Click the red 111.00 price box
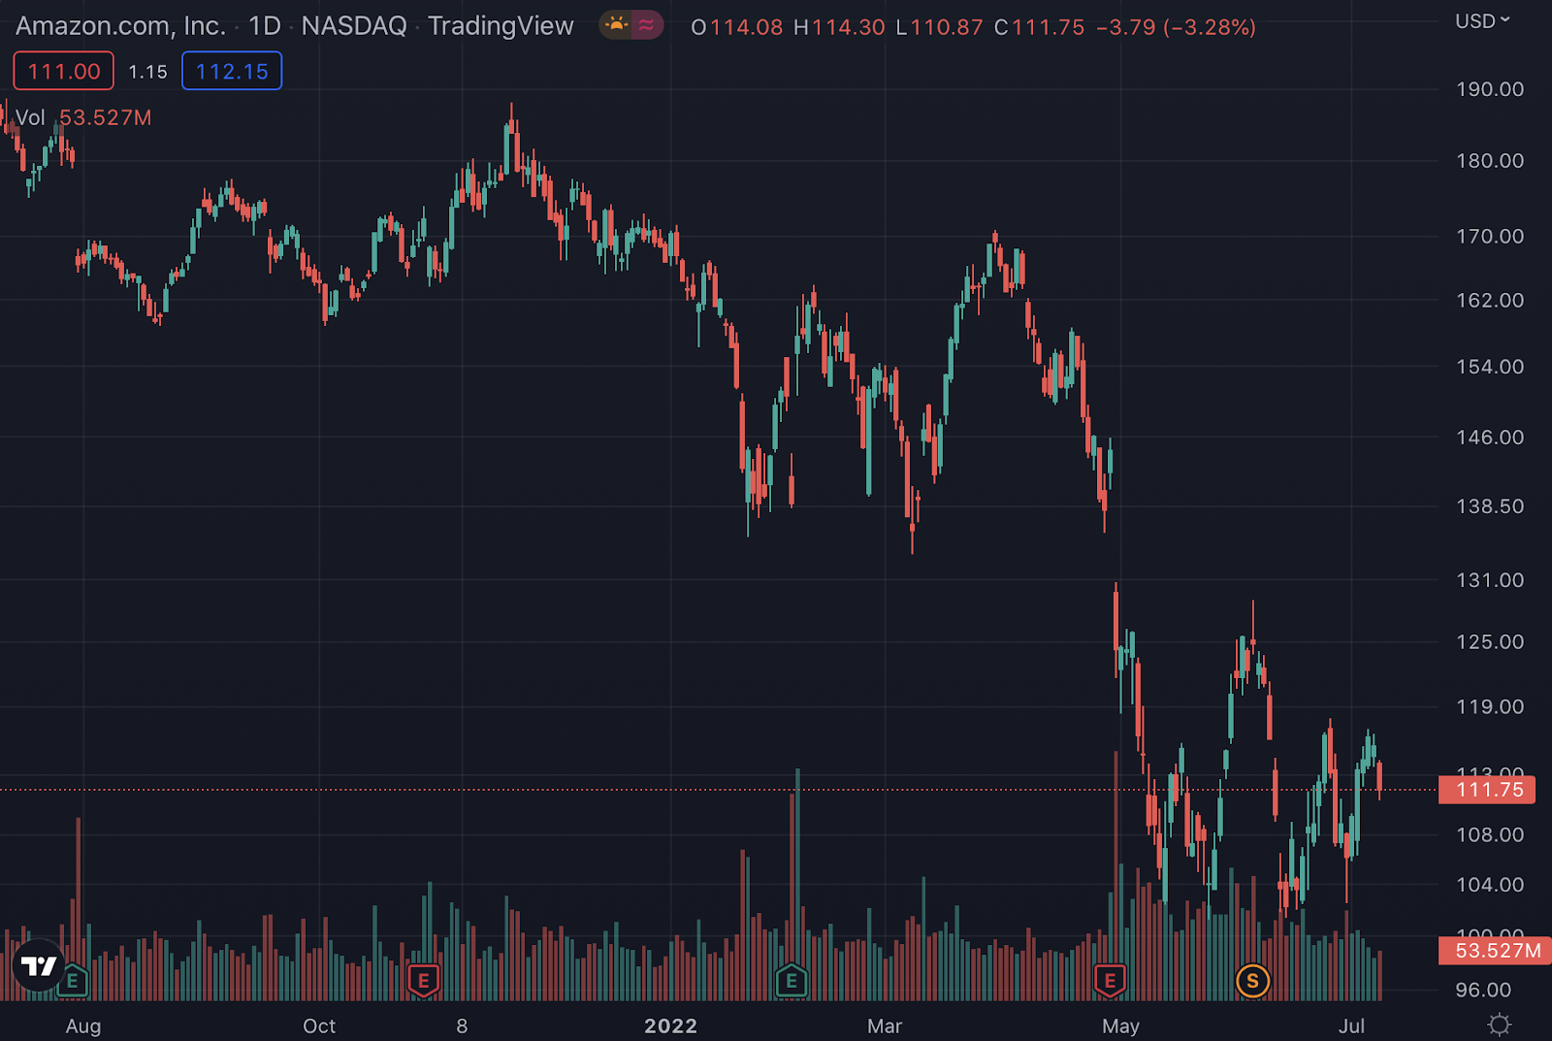(64, 71)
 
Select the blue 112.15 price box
(232, 71)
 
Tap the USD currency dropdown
(1482, 20)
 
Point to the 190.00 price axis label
(1490, 89)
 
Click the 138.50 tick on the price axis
(1490, 506)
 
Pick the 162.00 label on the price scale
(1490, 301)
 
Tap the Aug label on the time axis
(83, 1025)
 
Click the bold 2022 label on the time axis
(671, 1025)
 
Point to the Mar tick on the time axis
(885, 1025)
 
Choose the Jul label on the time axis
(1351, 1025)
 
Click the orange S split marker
(1252, 981)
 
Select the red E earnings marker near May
(1110, 981)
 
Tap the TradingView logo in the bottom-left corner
(39, 965)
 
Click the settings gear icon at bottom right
(1500, 1025)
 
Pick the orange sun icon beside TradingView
(616, 24)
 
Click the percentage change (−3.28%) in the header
(1210, 27)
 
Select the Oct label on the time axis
(319, 1025)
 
